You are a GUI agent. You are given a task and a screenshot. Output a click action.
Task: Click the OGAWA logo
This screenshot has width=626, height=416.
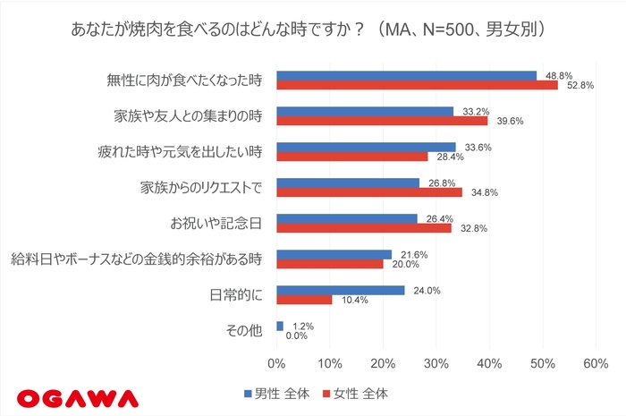point(78,395)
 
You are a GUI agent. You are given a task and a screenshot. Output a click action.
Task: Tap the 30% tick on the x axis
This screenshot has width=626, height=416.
point(436,364)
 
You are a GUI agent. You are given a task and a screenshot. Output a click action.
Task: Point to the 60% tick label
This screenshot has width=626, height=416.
point(595,364)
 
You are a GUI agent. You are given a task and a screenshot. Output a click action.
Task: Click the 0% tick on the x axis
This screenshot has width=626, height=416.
point(277,364)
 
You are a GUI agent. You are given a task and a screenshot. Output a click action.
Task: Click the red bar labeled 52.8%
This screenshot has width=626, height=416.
point(417,86)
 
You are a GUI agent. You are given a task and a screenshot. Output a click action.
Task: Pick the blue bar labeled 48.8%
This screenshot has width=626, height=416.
point(406,75)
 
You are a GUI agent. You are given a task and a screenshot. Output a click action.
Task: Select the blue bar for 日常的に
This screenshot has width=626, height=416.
point(341,290)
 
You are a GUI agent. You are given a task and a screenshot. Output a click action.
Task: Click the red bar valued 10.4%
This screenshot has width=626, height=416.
point(304,300)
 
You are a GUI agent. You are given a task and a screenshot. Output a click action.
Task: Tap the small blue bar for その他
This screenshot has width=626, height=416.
point(280,326)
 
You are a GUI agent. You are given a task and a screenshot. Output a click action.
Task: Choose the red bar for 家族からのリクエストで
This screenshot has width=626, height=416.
point(369,192)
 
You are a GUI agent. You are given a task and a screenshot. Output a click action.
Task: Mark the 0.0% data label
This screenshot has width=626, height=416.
point(297,335)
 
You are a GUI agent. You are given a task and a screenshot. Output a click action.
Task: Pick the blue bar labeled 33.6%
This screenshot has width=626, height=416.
point(366,147)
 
